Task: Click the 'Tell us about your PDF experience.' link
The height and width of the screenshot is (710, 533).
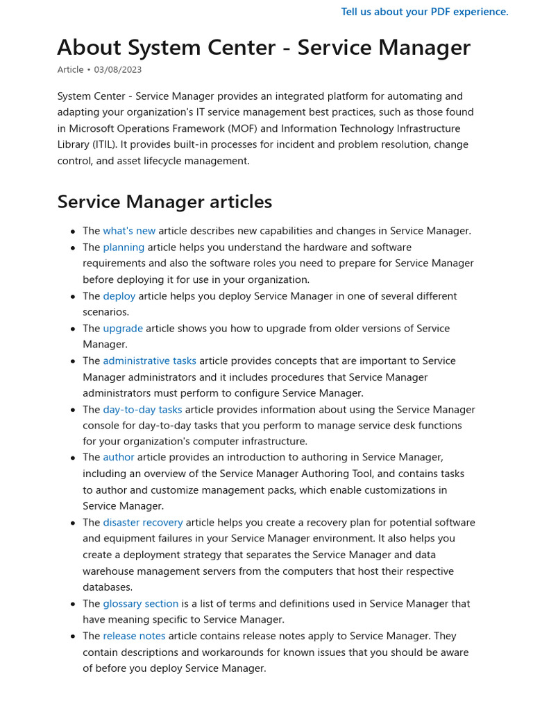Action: (x=425, y=12)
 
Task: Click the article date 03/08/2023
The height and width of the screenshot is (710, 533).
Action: (x=118, y=70)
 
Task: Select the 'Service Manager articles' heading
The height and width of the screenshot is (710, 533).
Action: (x=164, y=202)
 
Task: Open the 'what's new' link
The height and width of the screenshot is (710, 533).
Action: (x=129, y=231)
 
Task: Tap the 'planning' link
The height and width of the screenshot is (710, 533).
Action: (x=124, y=248)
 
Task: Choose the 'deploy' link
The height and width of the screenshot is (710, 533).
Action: (x=119, y=296)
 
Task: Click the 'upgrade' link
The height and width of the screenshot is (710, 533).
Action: (x=123, y=329)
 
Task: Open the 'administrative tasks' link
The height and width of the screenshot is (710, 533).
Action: (x=149, y=361)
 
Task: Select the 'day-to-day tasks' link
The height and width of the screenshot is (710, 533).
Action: (x=142, y=410)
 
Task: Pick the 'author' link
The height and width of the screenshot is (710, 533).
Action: (x=119, y=458)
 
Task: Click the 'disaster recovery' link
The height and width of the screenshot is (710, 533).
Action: (x=143, y=523)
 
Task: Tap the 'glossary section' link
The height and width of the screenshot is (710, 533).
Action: (x=141, y=604)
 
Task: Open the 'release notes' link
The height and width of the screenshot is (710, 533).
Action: (x=134, y=636)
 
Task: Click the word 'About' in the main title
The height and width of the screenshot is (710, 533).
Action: (x=86, y=48)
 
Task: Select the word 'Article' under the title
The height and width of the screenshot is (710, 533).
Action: (x=70, y=70)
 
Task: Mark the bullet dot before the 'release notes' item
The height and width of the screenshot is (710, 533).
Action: (x=73, y=637)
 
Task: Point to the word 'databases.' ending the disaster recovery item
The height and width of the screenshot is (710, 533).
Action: (x=108, y=587)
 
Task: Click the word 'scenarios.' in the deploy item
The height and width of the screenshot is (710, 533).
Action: (x=105, y=312)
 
